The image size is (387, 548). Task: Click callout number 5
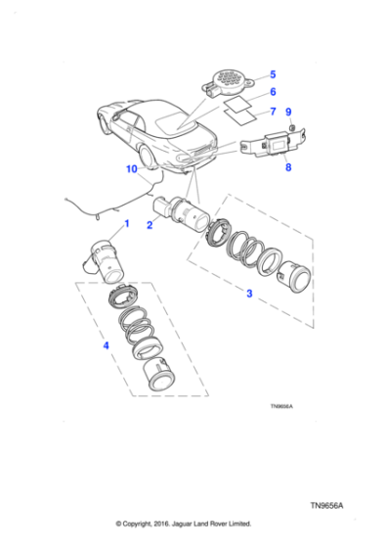pos(273,74)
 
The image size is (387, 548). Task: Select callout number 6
pos(273,92)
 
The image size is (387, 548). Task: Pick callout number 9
pos(288,113)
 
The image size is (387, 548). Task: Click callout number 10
pos(132,169)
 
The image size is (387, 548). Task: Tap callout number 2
pos(150,224)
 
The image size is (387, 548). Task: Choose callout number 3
pos(249,293)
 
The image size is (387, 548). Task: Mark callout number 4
pos(107,344)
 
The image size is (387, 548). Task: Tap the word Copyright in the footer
pos(151,524)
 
